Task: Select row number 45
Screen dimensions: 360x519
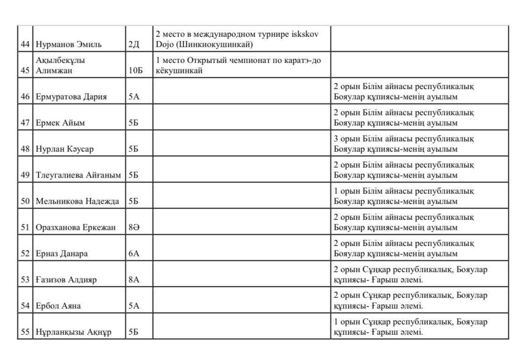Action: (x=25, y=71)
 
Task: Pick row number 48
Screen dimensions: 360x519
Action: (x=25, y=149)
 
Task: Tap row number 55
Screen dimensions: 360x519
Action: (x=25, y=332)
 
